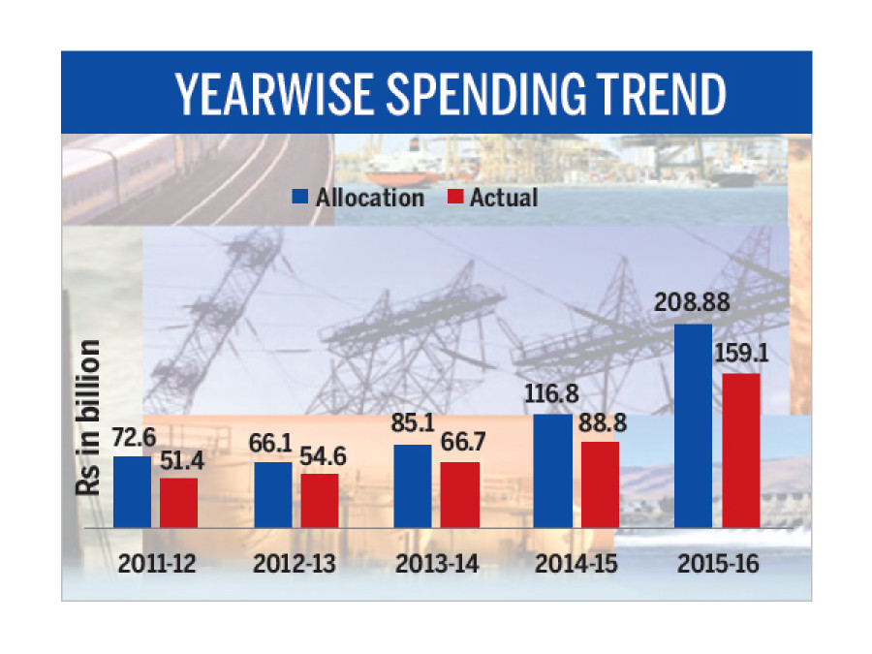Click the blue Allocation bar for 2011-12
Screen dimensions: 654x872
[132, 492]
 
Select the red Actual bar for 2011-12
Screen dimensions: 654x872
[178, 503]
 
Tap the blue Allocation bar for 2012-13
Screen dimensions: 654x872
[272, 495]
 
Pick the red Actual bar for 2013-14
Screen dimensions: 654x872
[459, 495]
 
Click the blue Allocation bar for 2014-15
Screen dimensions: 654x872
[553, 471]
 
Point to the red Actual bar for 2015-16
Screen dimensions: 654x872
[741, 451]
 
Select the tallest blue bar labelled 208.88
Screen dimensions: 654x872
[694, 426]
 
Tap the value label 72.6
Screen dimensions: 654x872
[133, 439]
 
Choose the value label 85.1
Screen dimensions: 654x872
[414, 427]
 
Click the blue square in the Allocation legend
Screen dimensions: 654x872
[301, 198]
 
